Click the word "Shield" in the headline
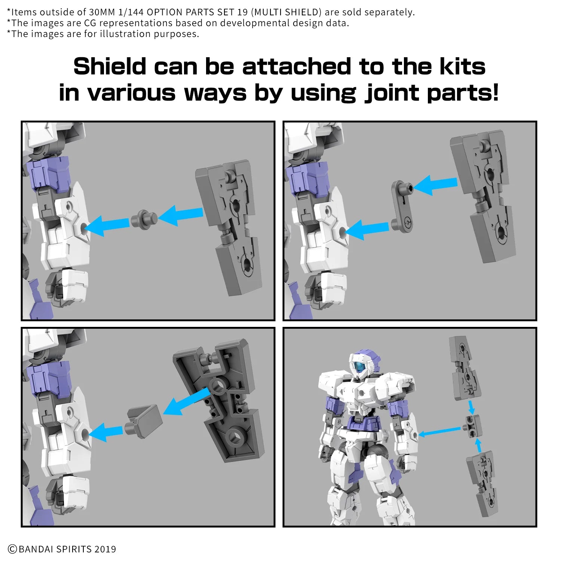(110, 67)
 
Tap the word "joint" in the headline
(392, 93)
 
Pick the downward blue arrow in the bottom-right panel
(471, 407)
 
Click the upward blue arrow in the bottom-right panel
(478, 445)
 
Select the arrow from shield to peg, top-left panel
(181, 215)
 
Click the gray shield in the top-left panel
(230, 224)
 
